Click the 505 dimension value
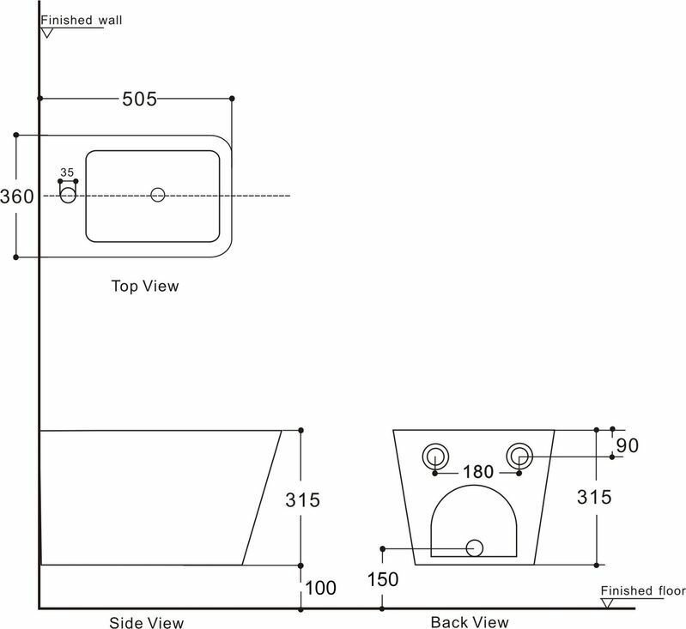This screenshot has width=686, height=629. tap(139, 100)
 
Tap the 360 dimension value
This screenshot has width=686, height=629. tap(16, 197)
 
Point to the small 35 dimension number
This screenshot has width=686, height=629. tap(67, 172)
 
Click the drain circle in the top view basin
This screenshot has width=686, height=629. tap(157, 195)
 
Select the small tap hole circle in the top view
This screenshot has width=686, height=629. tap(68, 196)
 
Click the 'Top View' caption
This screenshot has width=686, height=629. tap(145, 286)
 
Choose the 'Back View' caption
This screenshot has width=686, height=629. tap(469, 621)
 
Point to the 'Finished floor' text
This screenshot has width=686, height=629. tap(642, 590)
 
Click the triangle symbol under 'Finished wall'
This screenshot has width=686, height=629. tap(48, 33)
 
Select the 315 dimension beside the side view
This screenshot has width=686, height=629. tap(302, 499)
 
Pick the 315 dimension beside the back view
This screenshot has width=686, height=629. tap(593, 497)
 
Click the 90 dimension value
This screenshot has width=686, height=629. tap(627, 446)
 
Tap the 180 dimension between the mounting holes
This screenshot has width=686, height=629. tap(478, 472)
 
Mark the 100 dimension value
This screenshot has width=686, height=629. tap(319, 589)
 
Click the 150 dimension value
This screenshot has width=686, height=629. tap(383, 580)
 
